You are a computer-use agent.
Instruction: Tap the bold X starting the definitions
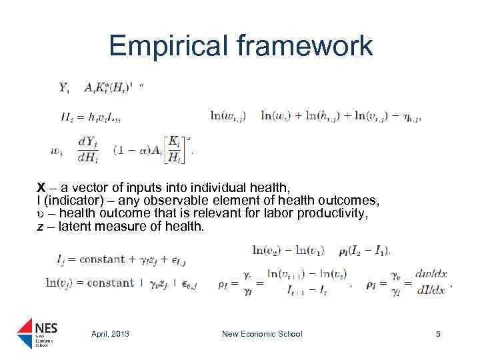(41, 189)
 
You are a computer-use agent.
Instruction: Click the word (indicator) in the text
(70, 201)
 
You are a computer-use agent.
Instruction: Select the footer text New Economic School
(262, 334)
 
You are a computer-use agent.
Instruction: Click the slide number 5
(438, 334)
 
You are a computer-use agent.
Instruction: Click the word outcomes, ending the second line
(350, 201)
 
